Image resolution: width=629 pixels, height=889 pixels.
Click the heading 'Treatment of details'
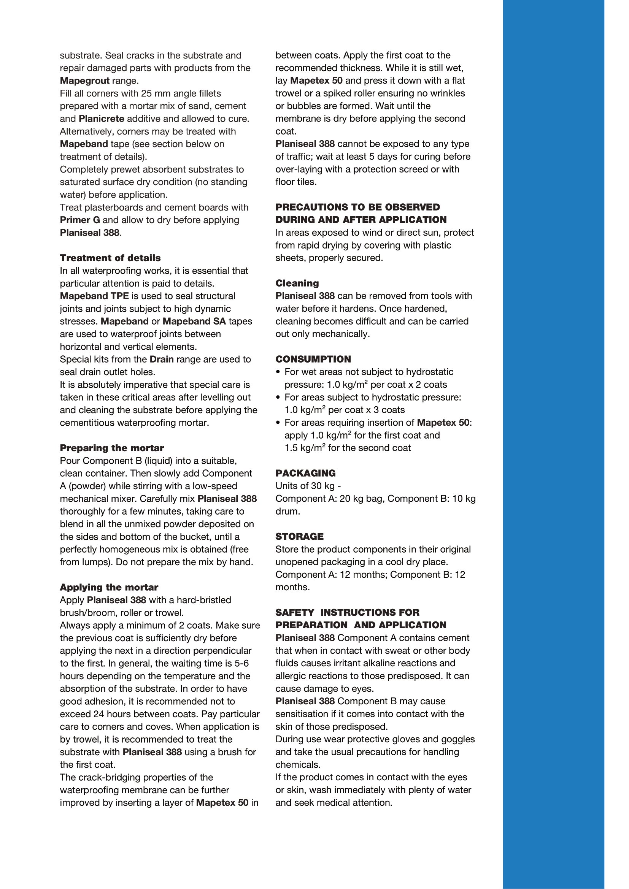tap(110, 258)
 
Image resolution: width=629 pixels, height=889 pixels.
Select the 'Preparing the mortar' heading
tap(111, 448)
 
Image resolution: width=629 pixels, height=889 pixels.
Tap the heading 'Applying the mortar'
tap(109, 587)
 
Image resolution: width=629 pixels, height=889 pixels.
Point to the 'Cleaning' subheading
tap(297, 283)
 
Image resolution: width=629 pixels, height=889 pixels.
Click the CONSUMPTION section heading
tap(313, 359)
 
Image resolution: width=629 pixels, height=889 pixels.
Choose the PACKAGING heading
tap(305, 473)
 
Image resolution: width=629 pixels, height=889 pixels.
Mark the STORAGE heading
tap(299, 536)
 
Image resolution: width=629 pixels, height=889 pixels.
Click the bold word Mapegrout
tap(84, 81)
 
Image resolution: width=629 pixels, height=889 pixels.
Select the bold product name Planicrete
tap(101, 119)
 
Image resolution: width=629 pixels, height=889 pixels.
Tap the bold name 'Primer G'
tap(80, 220)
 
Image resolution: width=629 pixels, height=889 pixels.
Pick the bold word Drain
tap(162, 359)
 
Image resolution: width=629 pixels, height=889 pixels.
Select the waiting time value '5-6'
tap(242, 664)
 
